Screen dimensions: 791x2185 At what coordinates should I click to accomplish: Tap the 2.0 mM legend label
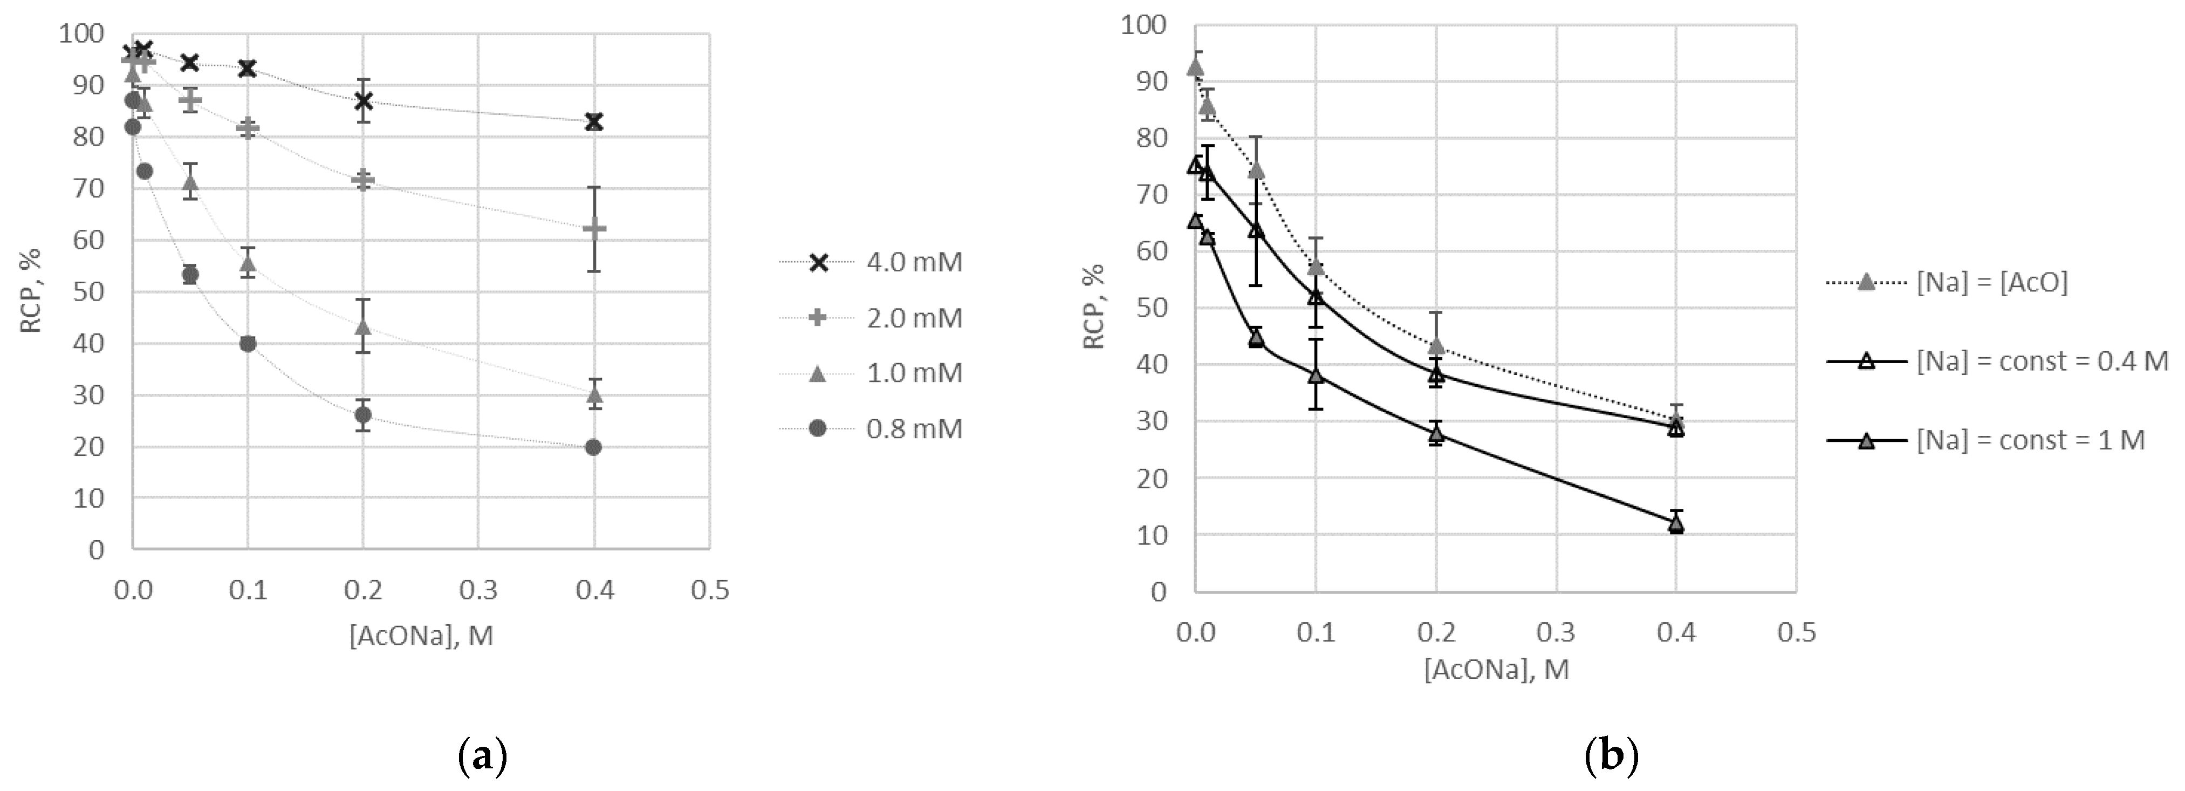pyautogui.click(x=914, y=318)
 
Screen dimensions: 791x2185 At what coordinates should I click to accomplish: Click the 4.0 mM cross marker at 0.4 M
pyautogui.click(x=594, y=122)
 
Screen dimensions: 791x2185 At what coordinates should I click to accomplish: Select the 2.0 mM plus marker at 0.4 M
pyautogui.click(x=594, y=228)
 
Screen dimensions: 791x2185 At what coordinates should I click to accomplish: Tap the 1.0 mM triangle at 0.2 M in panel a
pyautogui.click(x=363, y=327)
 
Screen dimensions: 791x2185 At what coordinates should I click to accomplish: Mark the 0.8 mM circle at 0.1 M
pyautogui.click(x=248, y=344)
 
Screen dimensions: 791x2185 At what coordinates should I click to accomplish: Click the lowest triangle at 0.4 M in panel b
pyautogui.click(x=1676, y=524)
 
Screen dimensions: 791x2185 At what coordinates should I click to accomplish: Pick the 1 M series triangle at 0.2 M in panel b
pyautogui.click(x=1436, y=434)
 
